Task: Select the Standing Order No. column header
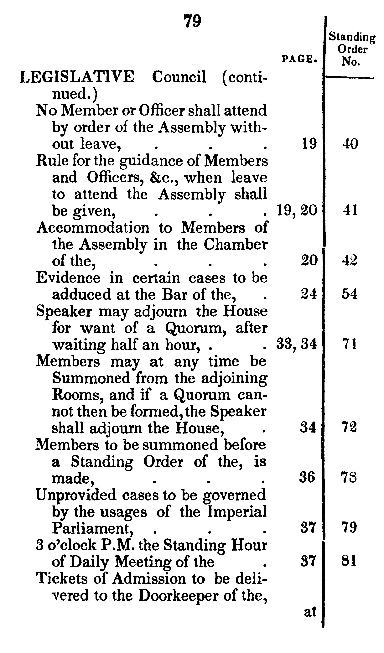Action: coord(352,49)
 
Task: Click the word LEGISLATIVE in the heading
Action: coord(77,77)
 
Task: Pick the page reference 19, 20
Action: coord(297,210)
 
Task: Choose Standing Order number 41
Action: coord(350,210)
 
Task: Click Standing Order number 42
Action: coord(350,260)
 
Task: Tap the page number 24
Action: coord(309,294)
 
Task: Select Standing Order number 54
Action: coord(350,294)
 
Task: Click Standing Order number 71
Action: coord(350,344)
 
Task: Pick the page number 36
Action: coord(308,477)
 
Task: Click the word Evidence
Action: coord(68,278)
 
